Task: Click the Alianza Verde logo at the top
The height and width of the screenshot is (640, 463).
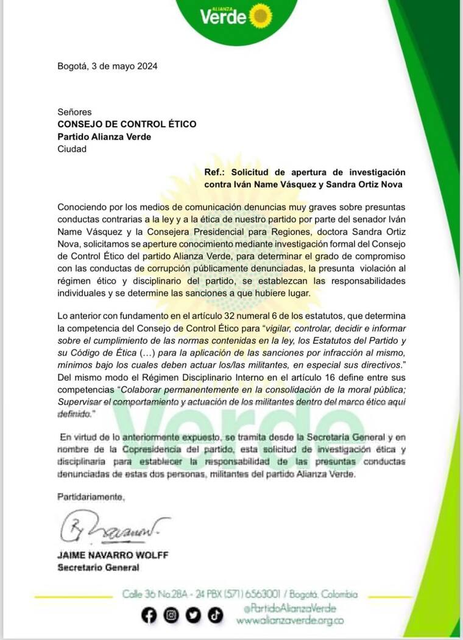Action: point(235,15)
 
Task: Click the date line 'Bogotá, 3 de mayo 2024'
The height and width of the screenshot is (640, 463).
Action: point(107,67)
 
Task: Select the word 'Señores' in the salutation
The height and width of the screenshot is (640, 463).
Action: point(74,112)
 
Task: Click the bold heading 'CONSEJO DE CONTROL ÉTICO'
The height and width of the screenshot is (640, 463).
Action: point(127,124)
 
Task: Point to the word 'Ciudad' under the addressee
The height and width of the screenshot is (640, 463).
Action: point(72,149)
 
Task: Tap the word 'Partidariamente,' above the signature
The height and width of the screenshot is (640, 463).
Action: point(91,497)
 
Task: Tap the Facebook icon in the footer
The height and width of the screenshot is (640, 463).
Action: point(148,616)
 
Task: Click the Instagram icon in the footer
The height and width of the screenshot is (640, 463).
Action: point(171,616)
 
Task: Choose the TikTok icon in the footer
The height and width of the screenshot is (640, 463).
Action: point(215,616)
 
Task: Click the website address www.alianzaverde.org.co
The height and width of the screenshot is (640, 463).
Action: point(290,621)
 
